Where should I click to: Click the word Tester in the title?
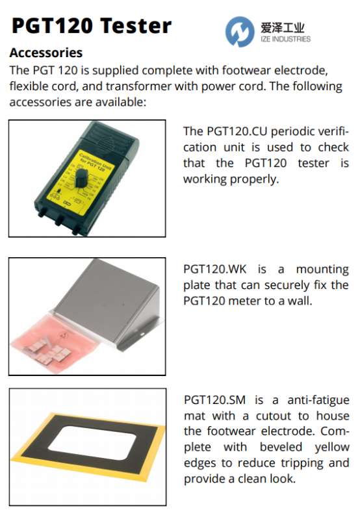[136, 26]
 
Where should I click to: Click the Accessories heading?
[46, 53]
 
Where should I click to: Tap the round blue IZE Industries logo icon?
[240, 32]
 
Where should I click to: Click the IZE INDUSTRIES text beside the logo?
[285, 39]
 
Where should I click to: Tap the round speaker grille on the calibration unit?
[109, 143]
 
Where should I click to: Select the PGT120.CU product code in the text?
[237, 131]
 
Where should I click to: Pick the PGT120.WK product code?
[215, 269]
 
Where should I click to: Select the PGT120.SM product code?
[214, 400]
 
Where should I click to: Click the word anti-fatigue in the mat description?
[318, 400]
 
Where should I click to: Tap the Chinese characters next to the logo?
[282, 28]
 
